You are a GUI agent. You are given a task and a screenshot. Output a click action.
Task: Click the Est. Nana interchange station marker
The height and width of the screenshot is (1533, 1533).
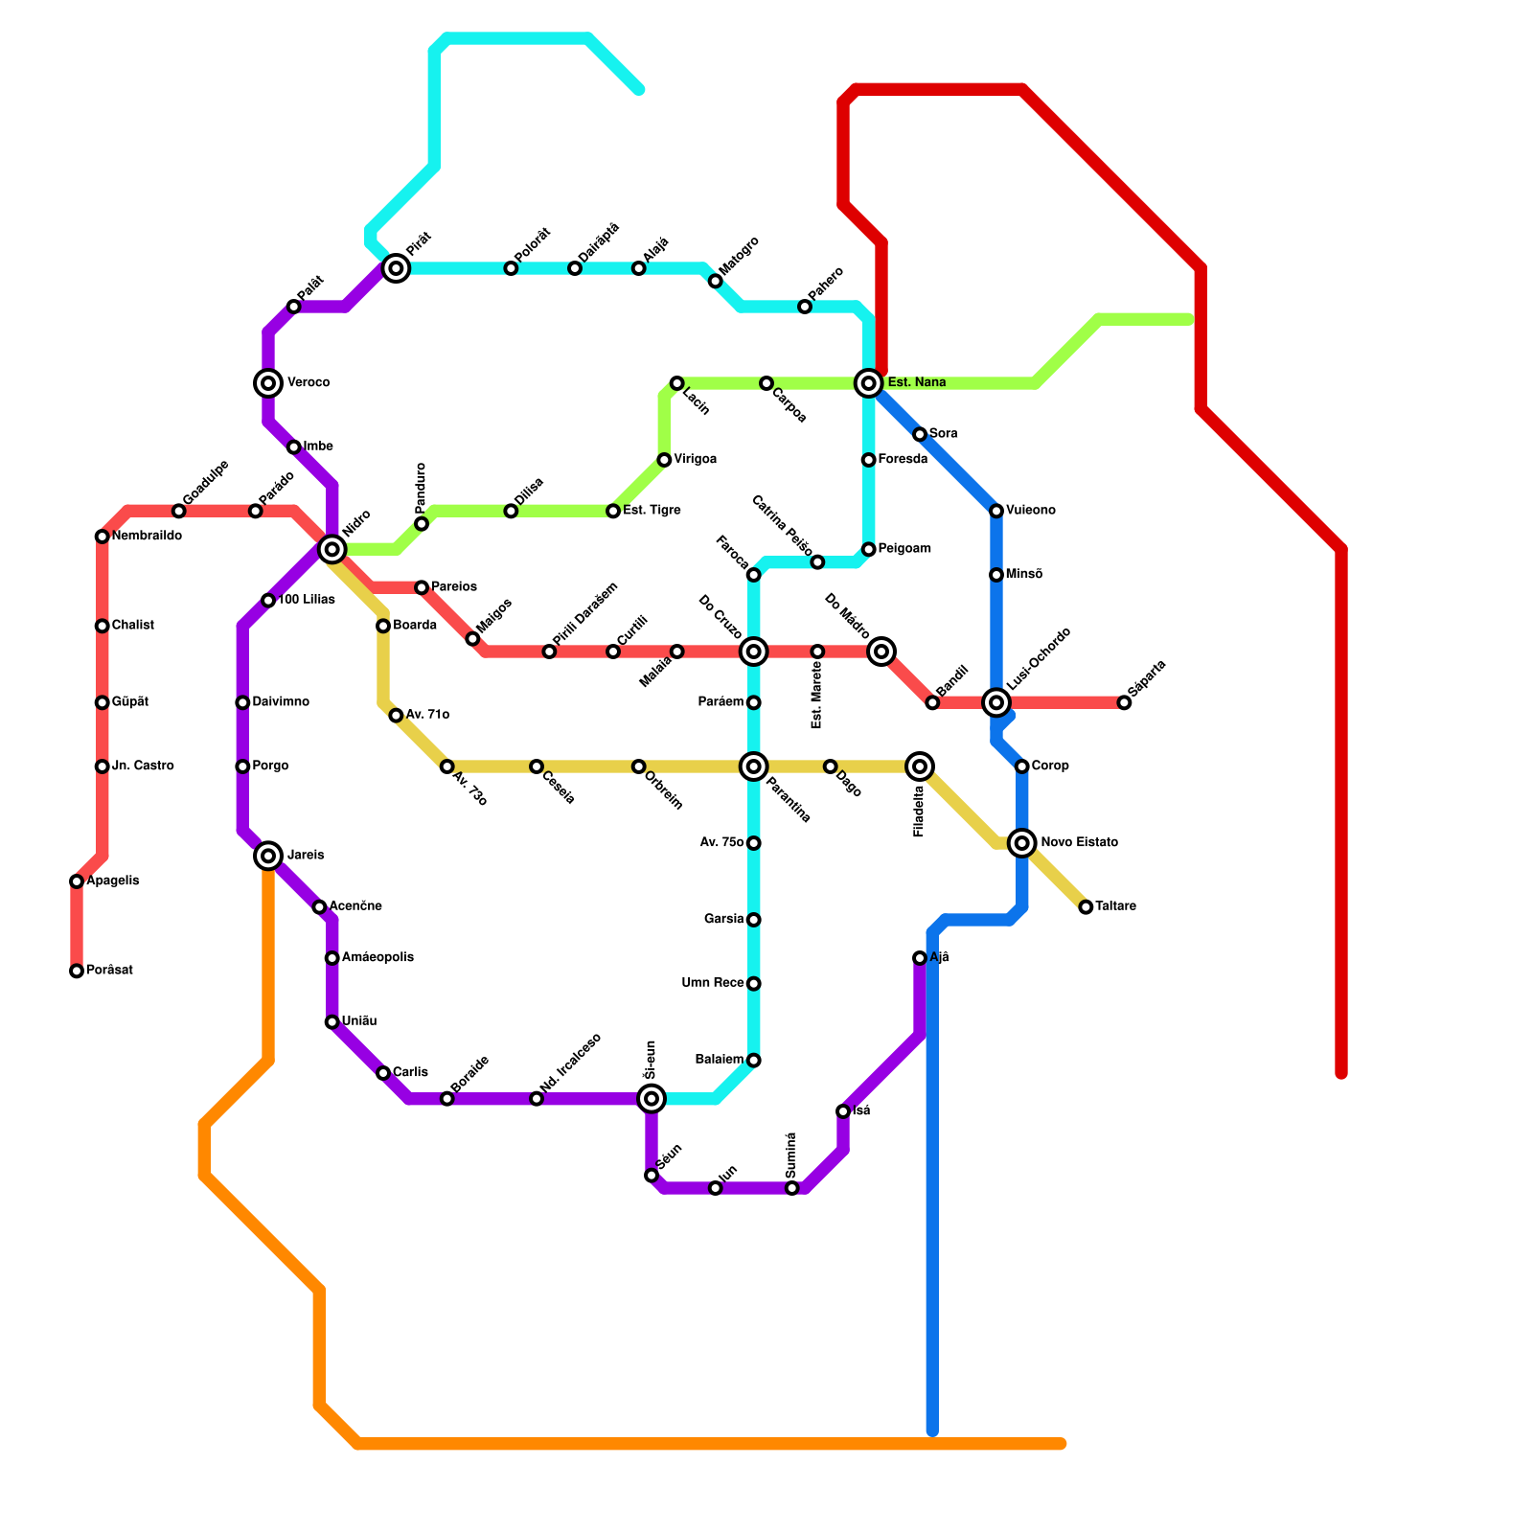click(869, 383)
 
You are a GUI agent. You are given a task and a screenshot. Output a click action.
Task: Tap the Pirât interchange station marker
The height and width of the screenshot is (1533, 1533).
click(396, 269)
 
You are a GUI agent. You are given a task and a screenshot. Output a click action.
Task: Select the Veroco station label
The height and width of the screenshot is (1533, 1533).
click(309, 383)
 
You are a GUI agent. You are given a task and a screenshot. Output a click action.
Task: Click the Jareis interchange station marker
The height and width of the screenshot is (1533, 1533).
click(269, 856)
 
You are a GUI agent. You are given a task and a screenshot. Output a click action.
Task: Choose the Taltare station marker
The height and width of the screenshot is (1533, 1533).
click(1086, 907)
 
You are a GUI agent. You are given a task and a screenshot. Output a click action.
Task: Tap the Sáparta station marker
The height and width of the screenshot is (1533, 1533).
click(1124, 703)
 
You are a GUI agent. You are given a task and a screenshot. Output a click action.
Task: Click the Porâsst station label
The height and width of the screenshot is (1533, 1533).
click(109, 971)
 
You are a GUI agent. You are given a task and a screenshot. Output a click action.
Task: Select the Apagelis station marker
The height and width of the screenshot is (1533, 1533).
click(77, 881)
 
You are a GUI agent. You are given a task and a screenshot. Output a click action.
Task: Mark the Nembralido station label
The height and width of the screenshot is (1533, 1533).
click(147, 537)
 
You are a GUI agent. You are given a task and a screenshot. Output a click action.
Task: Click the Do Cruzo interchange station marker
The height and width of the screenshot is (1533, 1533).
click(754, 652)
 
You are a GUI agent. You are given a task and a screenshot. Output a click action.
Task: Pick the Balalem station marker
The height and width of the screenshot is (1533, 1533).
click(754, 1061)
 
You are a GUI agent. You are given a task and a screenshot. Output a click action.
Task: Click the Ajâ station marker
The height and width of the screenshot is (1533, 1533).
click(920, 958)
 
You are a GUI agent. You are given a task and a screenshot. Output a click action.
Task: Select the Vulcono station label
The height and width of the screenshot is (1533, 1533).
click(1031, 511)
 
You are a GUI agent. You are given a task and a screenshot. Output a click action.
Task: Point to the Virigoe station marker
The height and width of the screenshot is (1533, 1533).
click(664, 461)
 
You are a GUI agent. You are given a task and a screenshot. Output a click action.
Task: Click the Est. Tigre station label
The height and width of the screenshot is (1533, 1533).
click(652, 511)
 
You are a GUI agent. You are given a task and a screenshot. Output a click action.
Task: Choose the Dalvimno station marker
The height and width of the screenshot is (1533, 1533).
click(242, 703)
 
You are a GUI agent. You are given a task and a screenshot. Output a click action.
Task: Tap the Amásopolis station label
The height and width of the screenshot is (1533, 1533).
click(378, 958)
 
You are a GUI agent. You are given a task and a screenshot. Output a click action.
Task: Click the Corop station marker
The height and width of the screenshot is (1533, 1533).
click(1022, 766)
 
